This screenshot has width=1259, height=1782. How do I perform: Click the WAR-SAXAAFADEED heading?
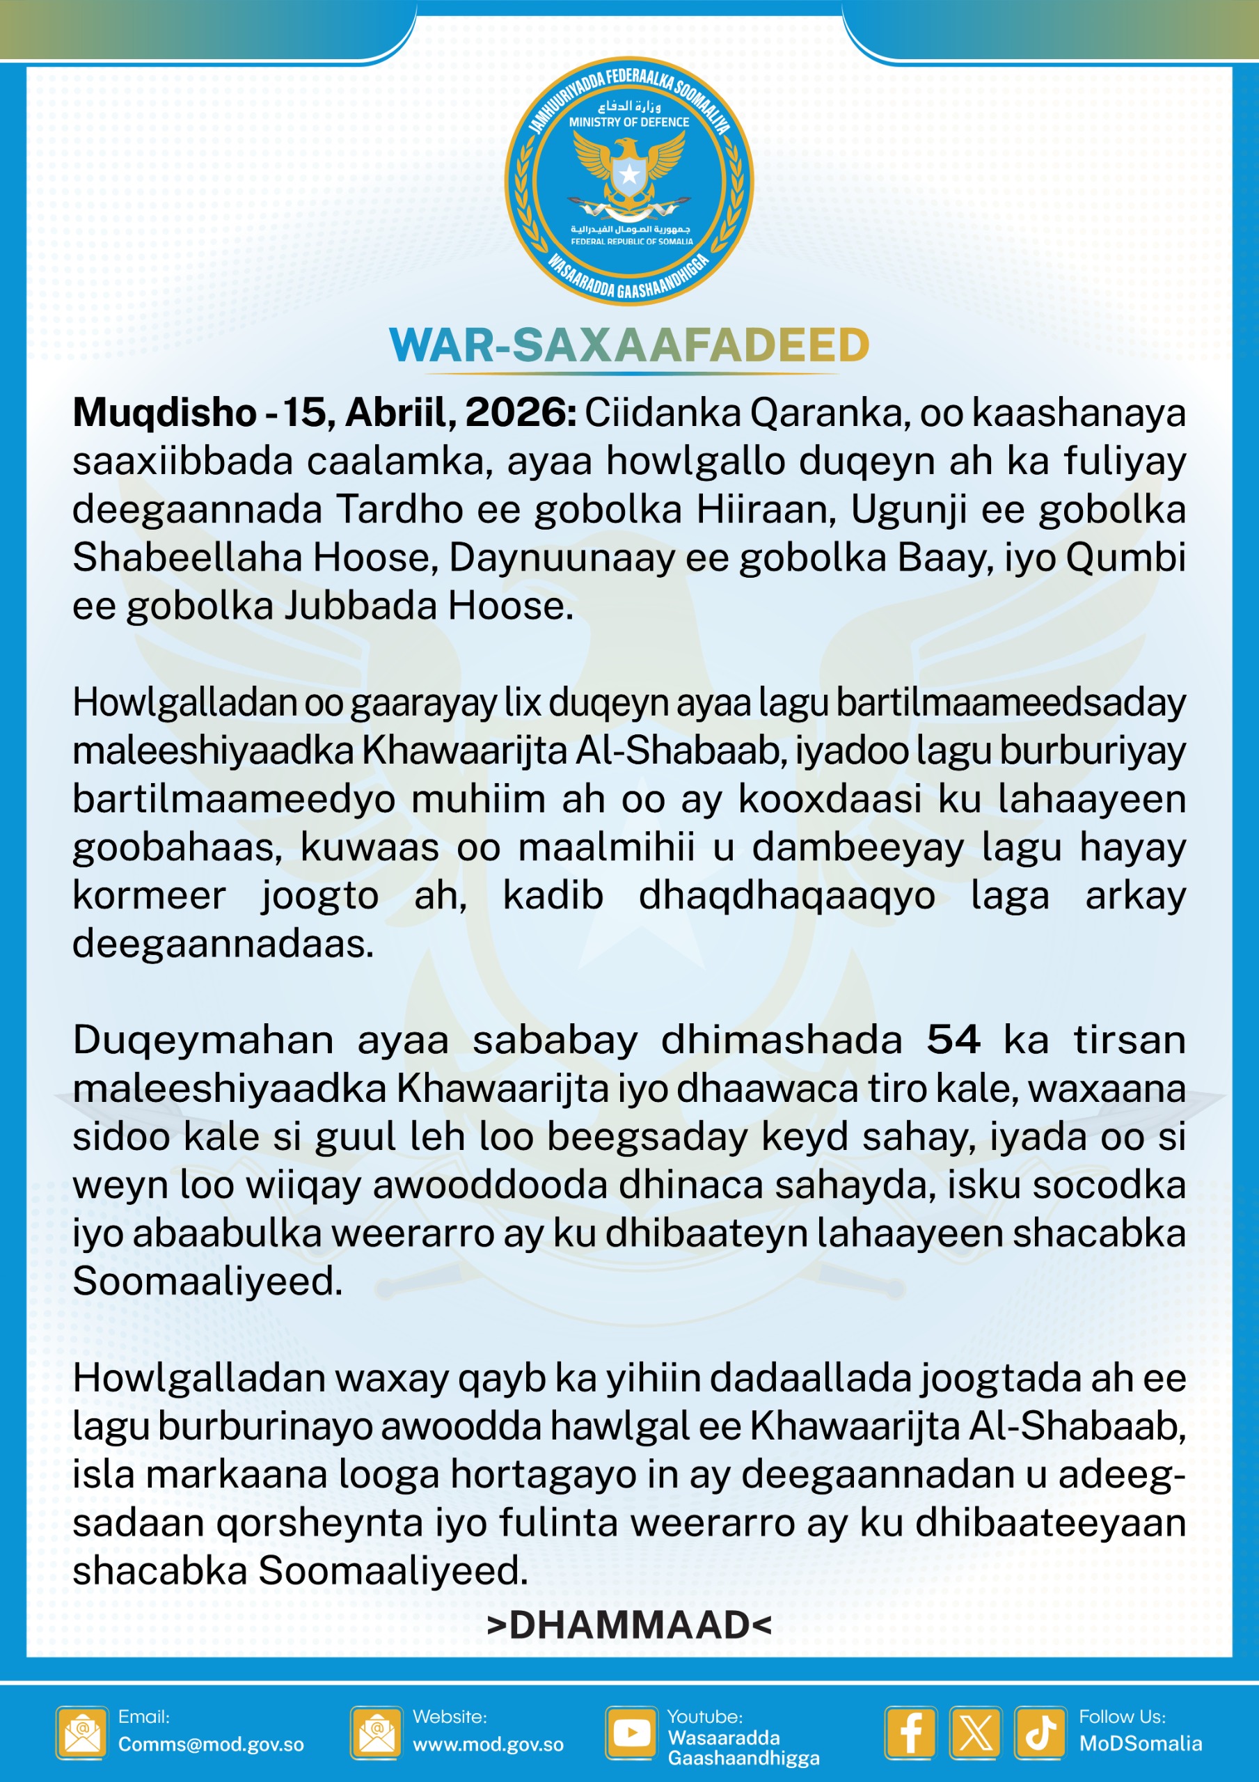point(628,345)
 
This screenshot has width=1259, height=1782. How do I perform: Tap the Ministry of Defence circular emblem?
point(628,181)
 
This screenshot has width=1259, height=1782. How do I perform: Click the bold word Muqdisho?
point(164,412)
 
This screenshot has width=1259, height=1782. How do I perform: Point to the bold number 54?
point(953,1039)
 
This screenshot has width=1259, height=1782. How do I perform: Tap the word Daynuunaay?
point(562,558)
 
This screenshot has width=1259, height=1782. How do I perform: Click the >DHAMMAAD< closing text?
point(628,1625)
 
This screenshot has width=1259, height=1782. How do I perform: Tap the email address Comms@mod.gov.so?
point(211,1744)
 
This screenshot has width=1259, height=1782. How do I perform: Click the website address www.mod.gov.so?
point(489,1744)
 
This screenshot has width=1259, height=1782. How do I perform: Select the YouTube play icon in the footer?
point(631,1732)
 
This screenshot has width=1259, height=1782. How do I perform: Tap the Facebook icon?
point(910,1733)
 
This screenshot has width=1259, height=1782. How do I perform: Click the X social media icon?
point(976,1733)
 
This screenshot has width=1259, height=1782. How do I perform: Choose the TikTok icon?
point(1040,1733)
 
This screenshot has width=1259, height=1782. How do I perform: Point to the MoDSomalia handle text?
point(1140,1743)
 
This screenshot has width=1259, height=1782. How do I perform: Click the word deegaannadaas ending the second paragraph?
point(223,943)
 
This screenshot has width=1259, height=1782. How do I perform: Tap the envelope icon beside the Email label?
point(81,1733)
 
